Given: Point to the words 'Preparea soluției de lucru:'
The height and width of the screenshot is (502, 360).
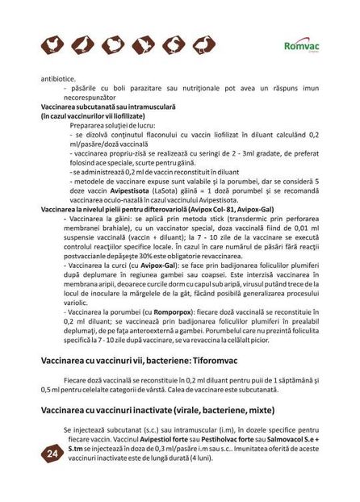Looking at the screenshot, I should pyautogui.click(x=106, y=127).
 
